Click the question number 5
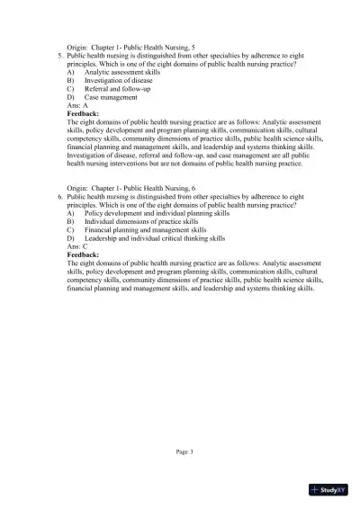coord(58,56)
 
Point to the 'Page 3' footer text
coord(185,452)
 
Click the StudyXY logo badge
coord(328,490)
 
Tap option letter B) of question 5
coord(71,81)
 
